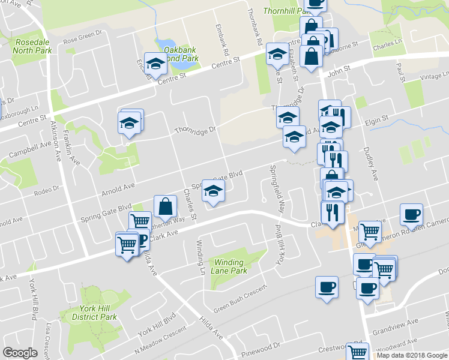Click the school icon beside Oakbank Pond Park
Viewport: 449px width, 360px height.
tap(155, 64)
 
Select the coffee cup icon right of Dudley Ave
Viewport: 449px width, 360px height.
tap(412, 214)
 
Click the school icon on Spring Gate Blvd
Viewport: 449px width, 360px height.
tap(212, 191)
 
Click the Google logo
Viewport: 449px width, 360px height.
tap(20, 353)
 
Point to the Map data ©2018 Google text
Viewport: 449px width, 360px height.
tap(411, 355)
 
